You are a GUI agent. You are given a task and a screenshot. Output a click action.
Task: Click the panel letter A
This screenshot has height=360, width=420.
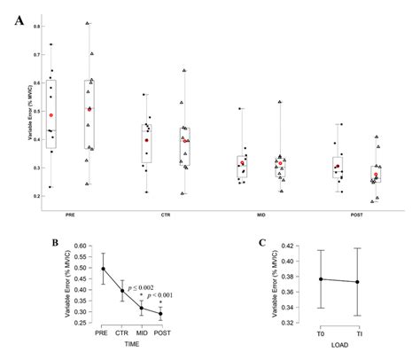pyautogui.click(x=19, y=19)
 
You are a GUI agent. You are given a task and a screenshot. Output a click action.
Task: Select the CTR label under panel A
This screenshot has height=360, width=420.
pyautogui.click(x=166, y=214)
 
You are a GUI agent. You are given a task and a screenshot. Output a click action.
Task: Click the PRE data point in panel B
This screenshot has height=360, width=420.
pyautogui.click(x=103, y=269)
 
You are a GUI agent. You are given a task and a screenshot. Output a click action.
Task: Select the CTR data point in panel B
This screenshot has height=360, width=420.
pyautogui.click(x=122, y=290)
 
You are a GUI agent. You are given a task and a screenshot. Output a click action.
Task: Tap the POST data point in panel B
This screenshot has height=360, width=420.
pyautogui.click(x=160, y=313)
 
